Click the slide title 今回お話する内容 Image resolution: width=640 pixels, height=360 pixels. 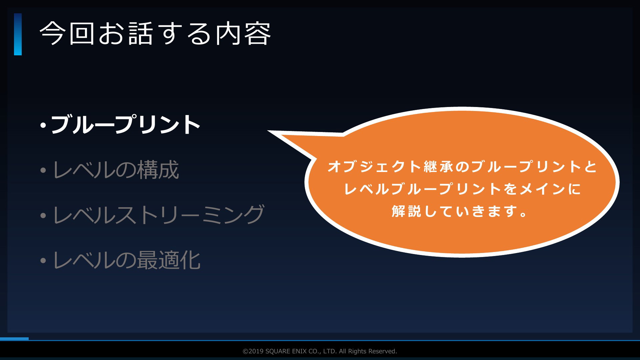click(x=155, y=34)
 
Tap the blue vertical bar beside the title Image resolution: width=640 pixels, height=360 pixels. click(x=18, y=34)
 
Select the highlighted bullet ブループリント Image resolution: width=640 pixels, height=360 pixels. click(x=125, y=124)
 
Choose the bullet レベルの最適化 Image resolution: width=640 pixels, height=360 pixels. click(x=127, y=260)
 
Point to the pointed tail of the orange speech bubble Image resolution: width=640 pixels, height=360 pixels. click(x=269, y=131)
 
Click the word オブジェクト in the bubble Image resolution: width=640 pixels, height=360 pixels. click(x=375, y=166)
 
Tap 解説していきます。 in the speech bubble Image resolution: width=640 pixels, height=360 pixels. click(x=460, y=211)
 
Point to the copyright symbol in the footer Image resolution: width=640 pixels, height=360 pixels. click(x=245, y=351)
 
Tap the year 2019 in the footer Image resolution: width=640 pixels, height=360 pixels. click(x=256, y=351)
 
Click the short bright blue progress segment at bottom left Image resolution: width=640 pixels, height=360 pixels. click(x=14, y=339)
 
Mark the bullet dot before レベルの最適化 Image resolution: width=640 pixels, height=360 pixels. click(x=43, y=260)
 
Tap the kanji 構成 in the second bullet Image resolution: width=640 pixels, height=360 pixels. click(x=158, y=169)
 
